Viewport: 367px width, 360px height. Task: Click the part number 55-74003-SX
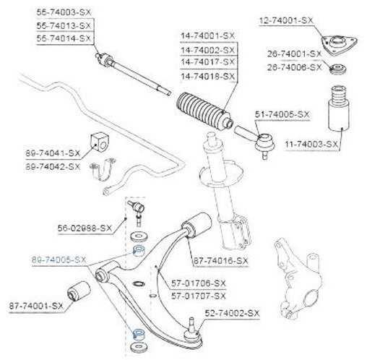[x=64, y=12]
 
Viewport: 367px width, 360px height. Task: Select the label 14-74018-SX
[x=208, y=77]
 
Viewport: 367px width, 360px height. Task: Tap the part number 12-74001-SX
[x=286, y=20]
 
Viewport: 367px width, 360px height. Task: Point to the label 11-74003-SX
[x=311, y=145]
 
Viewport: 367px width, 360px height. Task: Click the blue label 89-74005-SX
[x=59, y=260]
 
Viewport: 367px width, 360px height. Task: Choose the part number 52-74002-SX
[x=233, y=313]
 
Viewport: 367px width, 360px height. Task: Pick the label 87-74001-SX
[x=36, y=306]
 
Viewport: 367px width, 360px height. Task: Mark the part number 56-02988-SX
[x=85, y=228]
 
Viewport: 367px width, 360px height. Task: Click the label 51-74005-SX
[x=282, y=114]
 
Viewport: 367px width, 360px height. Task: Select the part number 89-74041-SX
[x=53, y=153]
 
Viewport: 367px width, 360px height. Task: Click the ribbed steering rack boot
[x=204, y=111]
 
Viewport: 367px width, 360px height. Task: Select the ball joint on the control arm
[x=192, y=331]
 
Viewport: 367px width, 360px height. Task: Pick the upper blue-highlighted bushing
[x=139, y=251]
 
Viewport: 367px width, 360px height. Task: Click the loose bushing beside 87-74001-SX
[x=79, y=291]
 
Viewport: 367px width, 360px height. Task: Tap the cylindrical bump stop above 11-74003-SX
[x=338, y=109]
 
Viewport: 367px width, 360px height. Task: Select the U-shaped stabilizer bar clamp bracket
[x=102, y=170]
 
